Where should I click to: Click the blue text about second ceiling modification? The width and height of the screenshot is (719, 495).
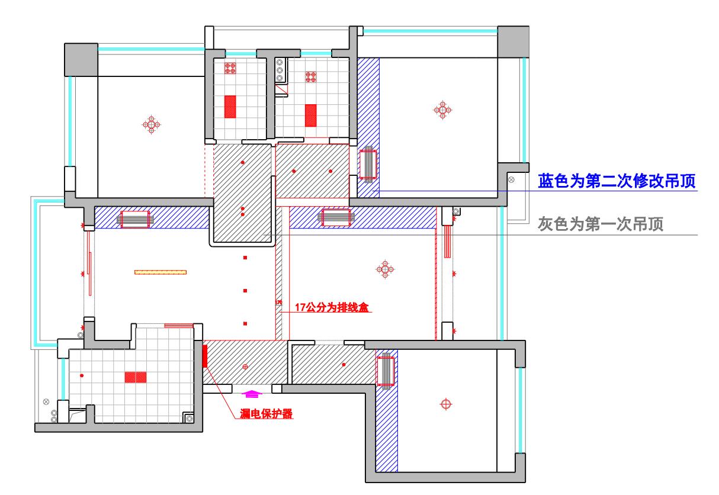pyautogui.click(x=616, y=181)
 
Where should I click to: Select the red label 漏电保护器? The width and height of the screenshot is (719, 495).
pyautogui.click(x=267, y=413)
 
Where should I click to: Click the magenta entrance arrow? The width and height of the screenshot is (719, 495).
pyautogui.click(x=252, y=393)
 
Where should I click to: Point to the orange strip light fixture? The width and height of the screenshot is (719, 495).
pyautogui.click(x=160, y=272)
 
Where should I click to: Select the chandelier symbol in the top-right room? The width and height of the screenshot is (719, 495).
pyautogui.click(x=442, y=110)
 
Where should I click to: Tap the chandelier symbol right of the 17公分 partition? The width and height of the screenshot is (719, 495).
pyautogui.click(x=385, y=270)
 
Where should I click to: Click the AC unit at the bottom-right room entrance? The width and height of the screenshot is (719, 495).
pyautogui.click(x=386, y=370)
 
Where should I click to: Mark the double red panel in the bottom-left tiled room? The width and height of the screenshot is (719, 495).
pyautogui.click(x=136, y=377)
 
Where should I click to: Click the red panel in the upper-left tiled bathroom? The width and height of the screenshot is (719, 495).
pyautogui.click(x=230, y=108)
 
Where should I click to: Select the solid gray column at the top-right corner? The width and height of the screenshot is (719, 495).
pyautogui.click(x=512, y=41)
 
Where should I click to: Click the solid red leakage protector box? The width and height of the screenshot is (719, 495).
pyautogui.click(x=205, y=355)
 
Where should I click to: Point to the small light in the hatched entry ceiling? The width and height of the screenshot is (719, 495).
pyautogui.click(x=246, y=368)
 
